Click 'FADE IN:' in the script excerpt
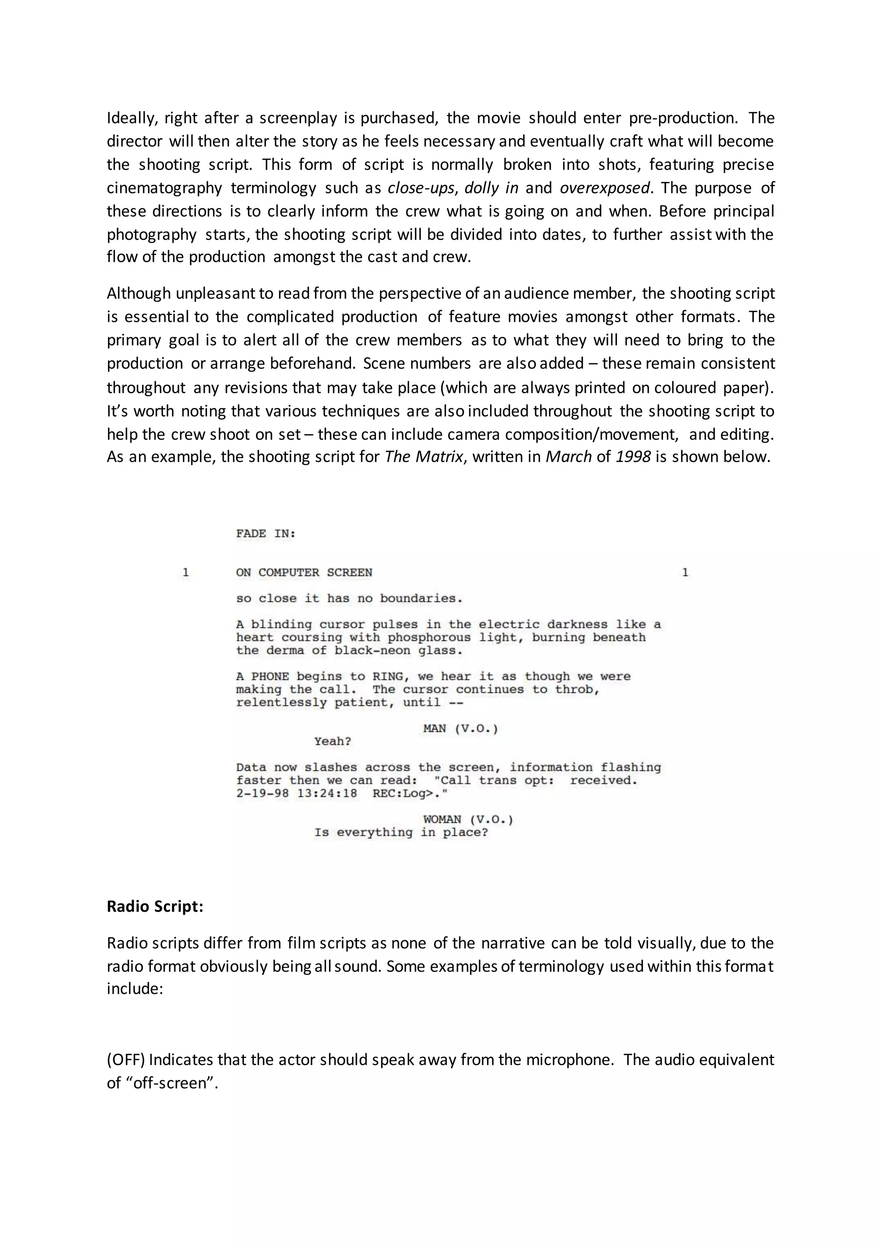click(265, 534)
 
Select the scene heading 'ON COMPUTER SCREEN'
click(304, 573)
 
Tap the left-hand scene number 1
click(185, 573)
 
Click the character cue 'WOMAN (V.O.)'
click(468, 820)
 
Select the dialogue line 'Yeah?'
click(333, 742)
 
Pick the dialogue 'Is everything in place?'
click(401, 833)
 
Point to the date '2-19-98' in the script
click(262, 794)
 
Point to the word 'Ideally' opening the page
click(131, 118)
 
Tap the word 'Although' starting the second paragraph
click(139, 293)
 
